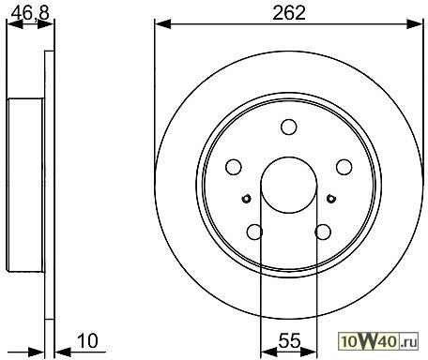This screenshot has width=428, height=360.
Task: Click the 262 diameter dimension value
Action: [x=289, y=13]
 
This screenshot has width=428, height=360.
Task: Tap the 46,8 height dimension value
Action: [x=30, y=13]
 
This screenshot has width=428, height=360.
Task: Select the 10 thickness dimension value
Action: [x=87, y=340]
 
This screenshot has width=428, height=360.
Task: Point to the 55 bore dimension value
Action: [x=289, y=340]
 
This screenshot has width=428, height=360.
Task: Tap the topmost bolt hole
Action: [x=289, y=127]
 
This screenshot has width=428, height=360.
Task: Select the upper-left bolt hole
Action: [x=234, y=167]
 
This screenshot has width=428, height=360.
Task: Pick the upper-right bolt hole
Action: [x=344, y=167]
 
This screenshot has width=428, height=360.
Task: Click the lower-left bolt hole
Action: [x=254, y=232]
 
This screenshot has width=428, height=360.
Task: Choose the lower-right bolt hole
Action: [x=323, y=232]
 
